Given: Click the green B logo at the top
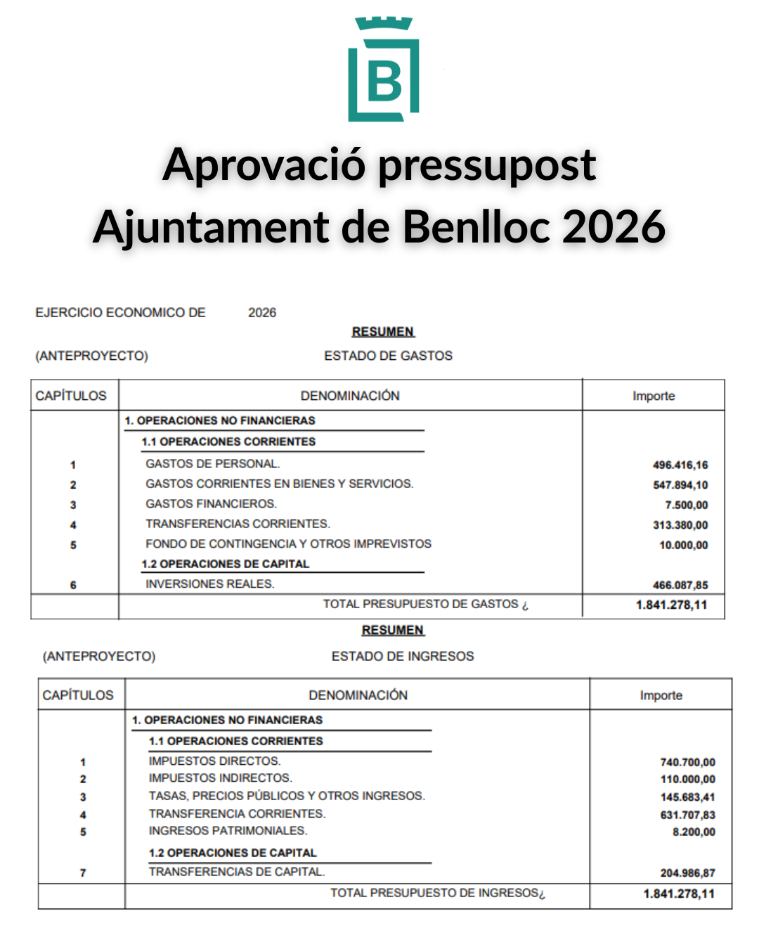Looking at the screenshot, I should [x=384, y=70].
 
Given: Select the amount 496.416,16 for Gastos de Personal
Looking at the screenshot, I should [x=680, y=465].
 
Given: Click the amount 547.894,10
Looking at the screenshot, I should [x=680, y=485].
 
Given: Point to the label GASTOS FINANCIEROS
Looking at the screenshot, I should [x=211, y=504].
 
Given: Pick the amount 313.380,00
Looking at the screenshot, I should [x=680, y=525].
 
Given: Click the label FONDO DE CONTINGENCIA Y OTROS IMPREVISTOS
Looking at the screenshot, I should [x=288, y=544].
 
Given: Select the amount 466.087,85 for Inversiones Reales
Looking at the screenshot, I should [x=680, y=585].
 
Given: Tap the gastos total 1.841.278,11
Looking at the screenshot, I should [x=671, y=605].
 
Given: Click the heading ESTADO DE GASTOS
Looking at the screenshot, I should [x=388, y=356].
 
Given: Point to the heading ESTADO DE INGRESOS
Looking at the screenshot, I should [x=403, y=656].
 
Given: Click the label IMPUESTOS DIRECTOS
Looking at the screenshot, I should [x=214, y=761].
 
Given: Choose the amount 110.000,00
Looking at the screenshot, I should [x=687, y=779].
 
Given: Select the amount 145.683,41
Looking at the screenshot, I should [x=687, y=797].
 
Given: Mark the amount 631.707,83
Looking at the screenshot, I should [x=687, y=815].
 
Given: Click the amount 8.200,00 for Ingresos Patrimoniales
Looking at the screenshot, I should [x=694, y=832].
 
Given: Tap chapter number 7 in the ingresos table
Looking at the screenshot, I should [x=83, y=872].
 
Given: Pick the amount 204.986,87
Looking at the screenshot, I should [x=687, y=872].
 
